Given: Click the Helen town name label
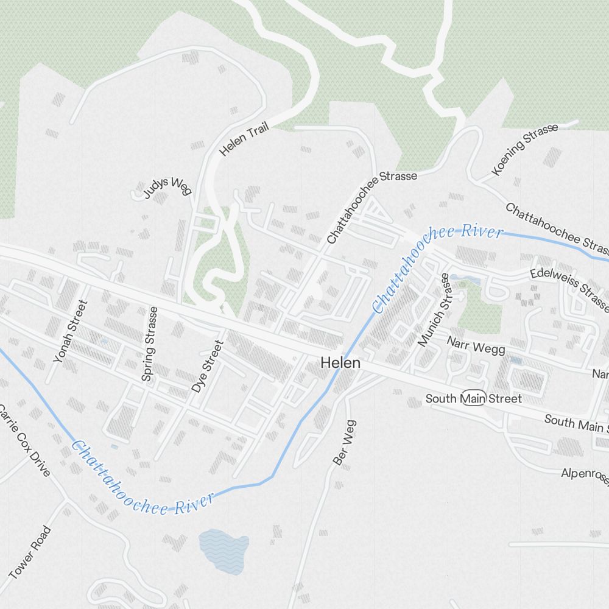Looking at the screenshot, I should click(340, 363).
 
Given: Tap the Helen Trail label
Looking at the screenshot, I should click(244, 138).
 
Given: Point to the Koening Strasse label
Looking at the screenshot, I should click(524, 150).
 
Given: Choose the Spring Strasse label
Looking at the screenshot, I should click(149, 344).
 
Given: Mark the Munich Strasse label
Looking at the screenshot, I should click(434, 310).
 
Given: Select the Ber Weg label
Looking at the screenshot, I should click(345, 443).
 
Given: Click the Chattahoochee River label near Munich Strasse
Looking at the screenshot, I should click(437, 269).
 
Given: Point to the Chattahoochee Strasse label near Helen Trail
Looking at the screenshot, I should click(371, 207).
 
